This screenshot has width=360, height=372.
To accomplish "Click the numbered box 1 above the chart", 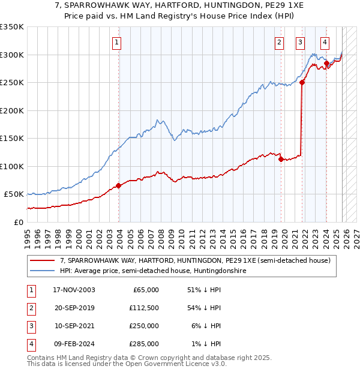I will [116, 42].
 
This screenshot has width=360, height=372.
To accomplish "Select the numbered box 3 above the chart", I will [299, 42].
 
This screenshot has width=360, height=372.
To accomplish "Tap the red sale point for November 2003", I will [118, 185].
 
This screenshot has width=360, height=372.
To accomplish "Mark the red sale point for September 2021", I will [302, 83].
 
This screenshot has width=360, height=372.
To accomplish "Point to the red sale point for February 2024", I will [326, 63].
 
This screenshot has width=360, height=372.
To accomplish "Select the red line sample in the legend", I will [42, 260].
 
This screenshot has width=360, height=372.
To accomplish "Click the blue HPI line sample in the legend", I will [42, 271].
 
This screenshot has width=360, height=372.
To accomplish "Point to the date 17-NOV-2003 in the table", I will [74, 290].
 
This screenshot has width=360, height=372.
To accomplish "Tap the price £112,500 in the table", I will [144, 308].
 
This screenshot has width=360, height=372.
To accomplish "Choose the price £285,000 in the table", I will [144, 344].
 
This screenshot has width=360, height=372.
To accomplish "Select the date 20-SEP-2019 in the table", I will [74, 308].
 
